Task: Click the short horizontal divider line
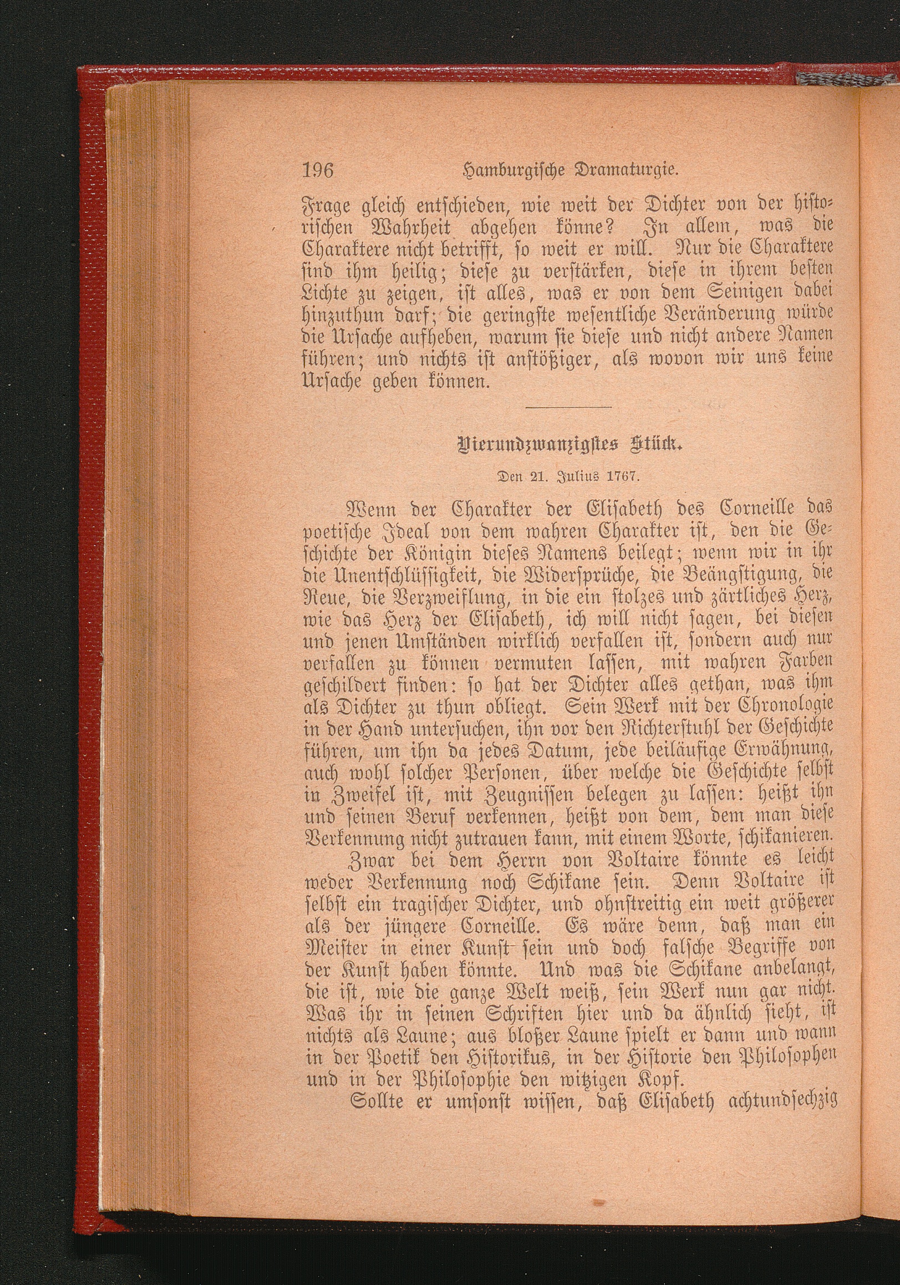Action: click(569, 407)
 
